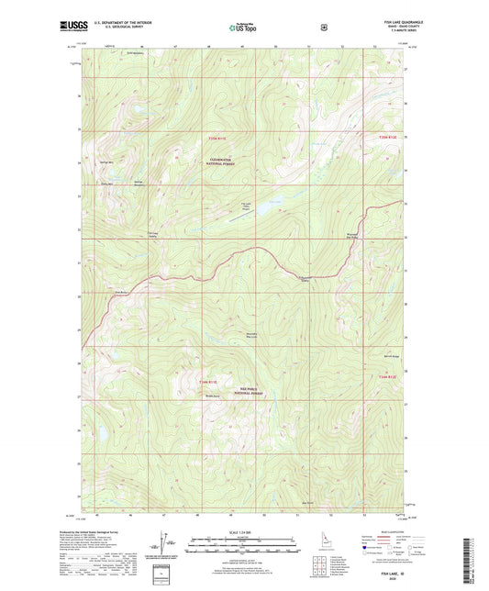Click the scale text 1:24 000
tap(243, 532)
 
